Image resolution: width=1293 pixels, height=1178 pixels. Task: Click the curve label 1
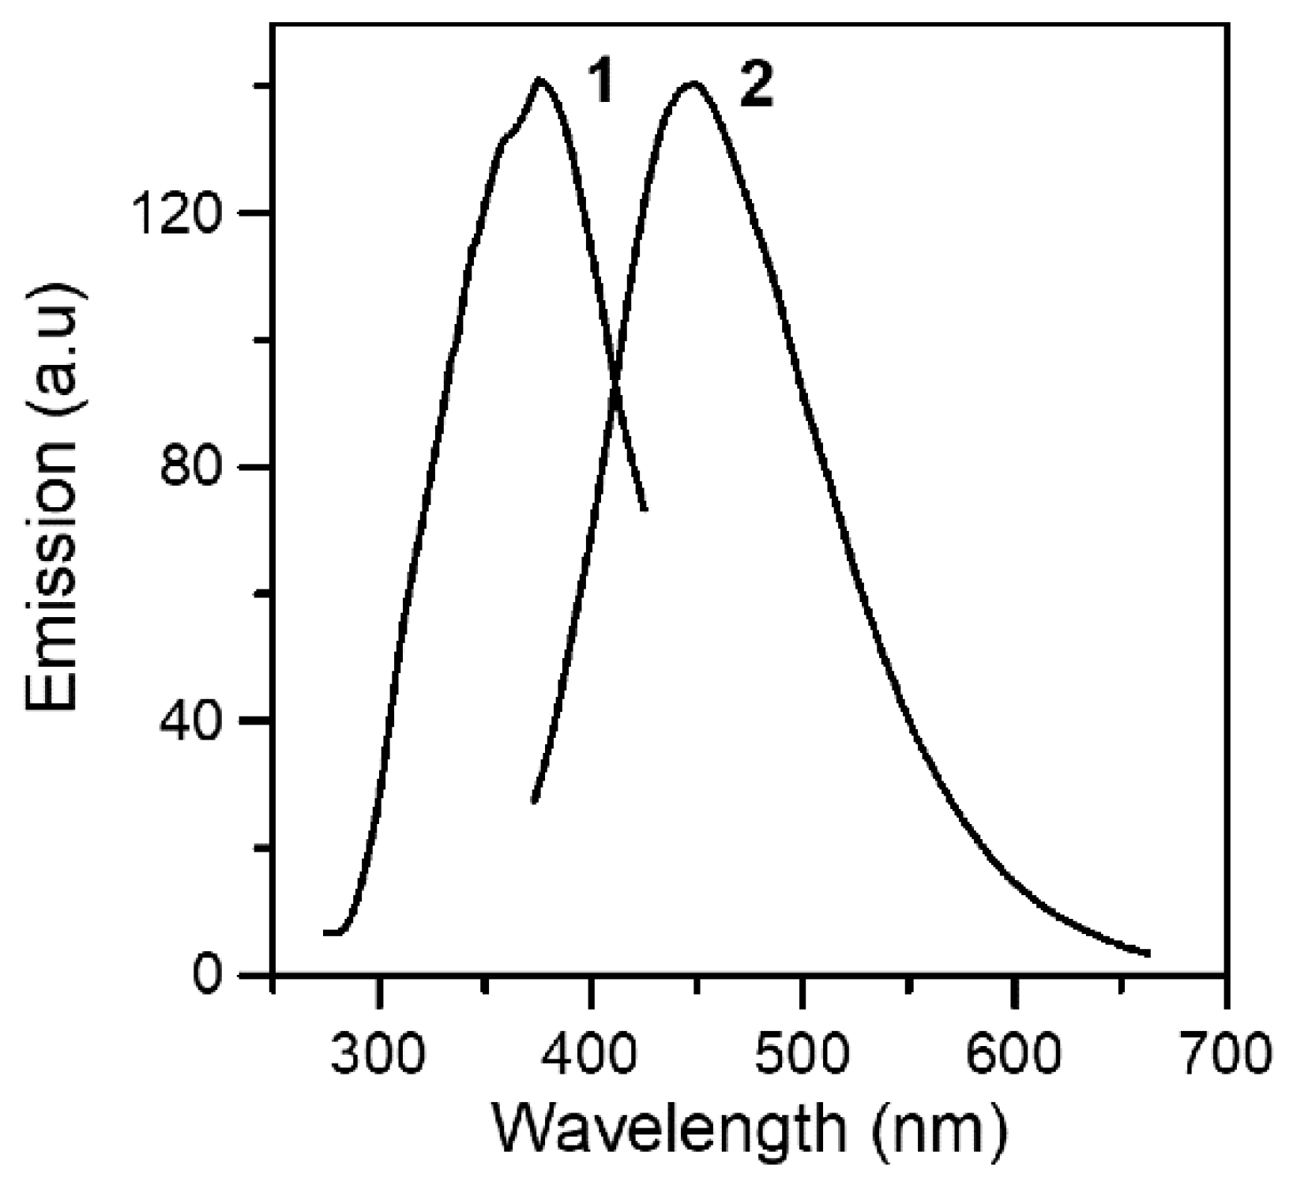(x=602, y=85)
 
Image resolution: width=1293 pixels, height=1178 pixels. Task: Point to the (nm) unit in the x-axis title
(x=939, y=1131)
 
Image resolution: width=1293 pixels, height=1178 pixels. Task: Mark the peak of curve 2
(x=693, y=82)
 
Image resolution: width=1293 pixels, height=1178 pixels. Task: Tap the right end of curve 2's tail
(x=1148, y=954)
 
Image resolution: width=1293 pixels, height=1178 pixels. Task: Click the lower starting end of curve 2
(x=534, y=801)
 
